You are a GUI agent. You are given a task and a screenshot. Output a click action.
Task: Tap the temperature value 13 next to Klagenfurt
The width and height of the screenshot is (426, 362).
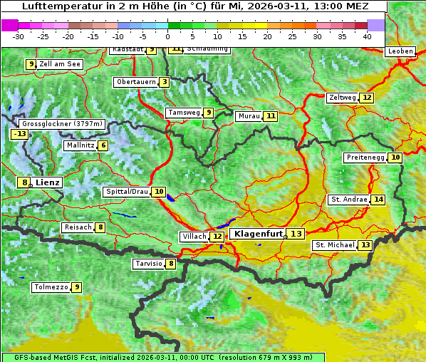tap(296, 234)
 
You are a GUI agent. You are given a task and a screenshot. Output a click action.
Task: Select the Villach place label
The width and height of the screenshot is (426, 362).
tap(194, 236)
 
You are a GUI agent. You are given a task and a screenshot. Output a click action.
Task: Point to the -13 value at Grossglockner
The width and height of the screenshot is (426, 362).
tap(19, 134)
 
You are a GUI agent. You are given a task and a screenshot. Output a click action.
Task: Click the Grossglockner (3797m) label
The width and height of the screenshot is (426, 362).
tap(63, 123)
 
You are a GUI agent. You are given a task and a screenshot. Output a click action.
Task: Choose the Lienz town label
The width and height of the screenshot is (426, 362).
tap(48, 182)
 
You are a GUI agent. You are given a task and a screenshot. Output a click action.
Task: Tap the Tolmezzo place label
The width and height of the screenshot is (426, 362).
tap(51, 287)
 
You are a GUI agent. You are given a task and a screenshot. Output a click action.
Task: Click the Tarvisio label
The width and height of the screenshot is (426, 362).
tap(148, 264)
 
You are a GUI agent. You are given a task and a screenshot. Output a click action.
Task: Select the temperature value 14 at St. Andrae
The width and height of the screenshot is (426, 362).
tap(378, 200)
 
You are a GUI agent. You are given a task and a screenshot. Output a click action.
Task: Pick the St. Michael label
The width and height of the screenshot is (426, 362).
tap(335, 245)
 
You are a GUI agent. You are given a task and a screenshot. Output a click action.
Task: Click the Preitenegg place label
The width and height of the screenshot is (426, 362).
tap(365, 157)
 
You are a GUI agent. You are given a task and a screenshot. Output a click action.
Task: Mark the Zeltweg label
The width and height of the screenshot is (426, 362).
tap(342, 98)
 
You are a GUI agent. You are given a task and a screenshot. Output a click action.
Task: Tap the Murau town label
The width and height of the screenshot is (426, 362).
tap(249, 116)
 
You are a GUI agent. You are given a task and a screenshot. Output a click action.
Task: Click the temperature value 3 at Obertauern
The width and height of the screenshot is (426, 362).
tap(165, 82)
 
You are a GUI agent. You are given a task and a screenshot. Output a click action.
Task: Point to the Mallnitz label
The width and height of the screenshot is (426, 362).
tap(79, 145)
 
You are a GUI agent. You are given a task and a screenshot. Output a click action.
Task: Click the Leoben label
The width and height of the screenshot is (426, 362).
tap(400, 51)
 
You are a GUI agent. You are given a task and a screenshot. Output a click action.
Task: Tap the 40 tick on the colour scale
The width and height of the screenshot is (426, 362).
tap(367, 36)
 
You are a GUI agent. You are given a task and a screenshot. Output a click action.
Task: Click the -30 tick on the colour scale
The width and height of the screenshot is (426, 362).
tap(19, 36)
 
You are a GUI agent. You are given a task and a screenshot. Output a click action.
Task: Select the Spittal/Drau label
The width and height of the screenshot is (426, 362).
tap(126, 192)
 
